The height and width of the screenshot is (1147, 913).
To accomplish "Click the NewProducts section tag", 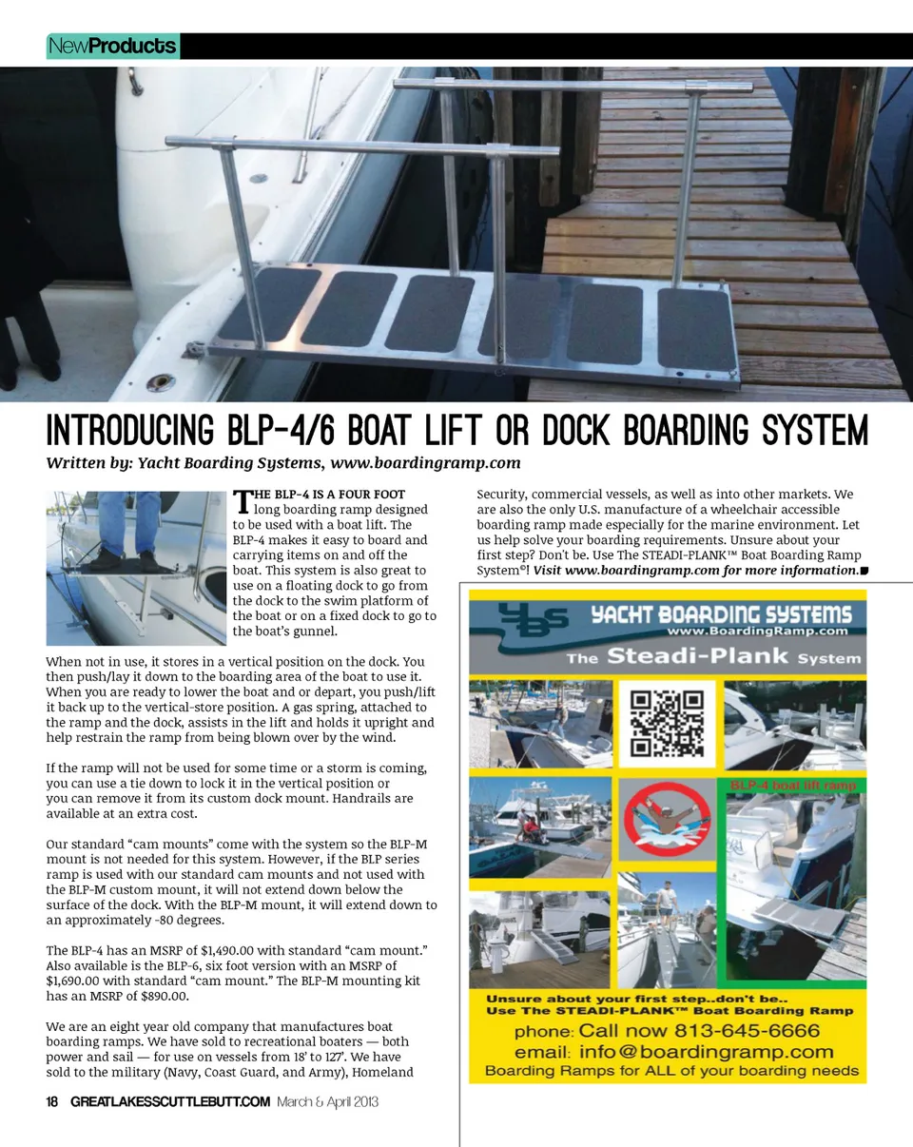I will point(112,46).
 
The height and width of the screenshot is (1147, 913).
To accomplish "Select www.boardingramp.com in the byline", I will point(425,463).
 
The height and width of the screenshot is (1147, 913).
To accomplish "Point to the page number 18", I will point(53,1102).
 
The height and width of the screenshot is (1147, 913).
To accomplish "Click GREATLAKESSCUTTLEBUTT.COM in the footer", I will point(170,1102).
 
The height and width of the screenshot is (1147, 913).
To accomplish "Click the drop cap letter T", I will point(242,501).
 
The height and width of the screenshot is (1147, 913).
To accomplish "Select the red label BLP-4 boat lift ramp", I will point(797,786).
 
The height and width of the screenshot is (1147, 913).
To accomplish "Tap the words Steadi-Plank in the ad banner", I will point(698,656).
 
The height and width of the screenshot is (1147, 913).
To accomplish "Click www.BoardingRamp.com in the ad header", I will point(757,630).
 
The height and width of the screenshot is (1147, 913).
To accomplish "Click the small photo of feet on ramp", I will point(136,568).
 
